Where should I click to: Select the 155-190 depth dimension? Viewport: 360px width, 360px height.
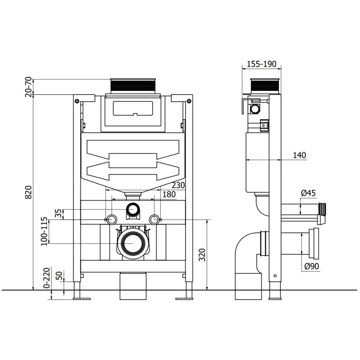(x=261, y=64)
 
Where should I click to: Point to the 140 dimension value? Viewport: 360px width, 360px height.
(x=299, y=155)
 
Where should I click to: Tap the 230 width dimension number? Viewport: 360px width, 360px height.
(x=178, y=185)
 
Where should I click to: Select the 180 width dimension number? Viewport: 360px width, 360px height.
(x=169, y=194)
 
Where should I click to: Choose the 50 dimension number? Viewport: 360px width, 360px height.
(x=59, y=276)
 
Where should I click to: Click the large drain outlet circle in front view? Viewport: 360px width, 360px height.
(x=133, y=243)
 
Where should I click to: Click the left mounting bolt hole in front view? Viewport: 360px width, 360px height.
(x=112, y=219)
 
